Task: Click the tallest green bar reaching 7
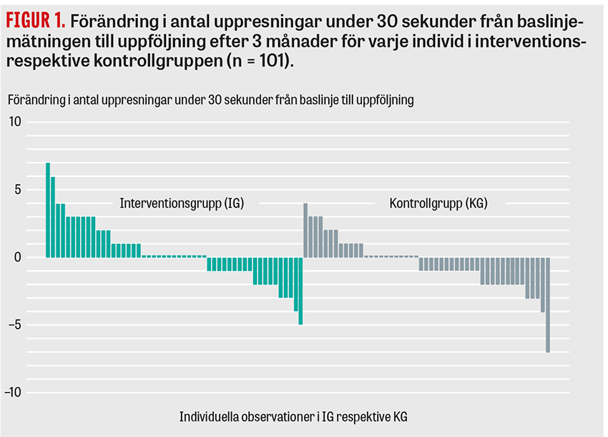pyautogui.click(x=48, y=210)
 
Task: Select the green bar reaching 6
pyautogui.click(x=53, y=216)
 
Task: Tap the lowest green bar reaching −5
pyautogui.click(x=300, y=291)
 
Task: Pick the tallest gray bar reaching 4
pyautogui.click(x=305, y=230)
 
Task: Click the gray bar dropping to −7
pyautogui.click(x=548, y=304)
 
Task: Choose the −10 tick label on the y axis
pyautogui.click(x=14, y=393)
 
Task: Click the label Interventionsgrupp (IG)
pyautogui.click(x=182, y=203)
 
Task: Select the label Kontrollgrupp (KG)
pyautogui.click(x=438, y=203)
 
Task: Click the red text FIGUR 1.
pyautogui.click(x=34, y=16)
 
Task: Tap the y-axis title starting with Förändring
pyautogui.click(x=211, y=100)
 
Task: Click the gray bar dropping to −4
pyautogui.click(x=543, y=284)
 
